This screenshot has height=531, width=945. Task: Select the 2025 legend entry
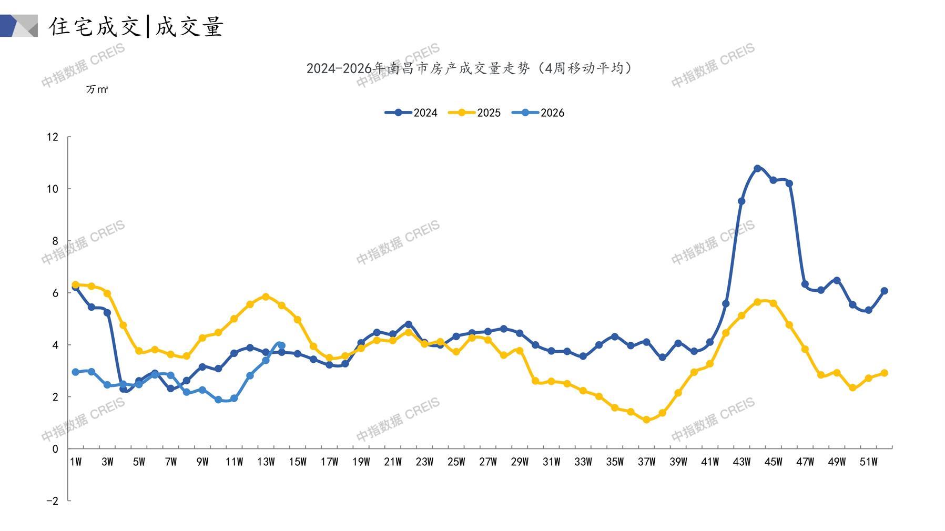point(474,113)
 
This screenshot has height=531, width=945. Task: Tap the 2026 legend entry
point(538,113)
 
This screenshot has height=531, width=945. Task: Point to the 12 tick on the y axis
point(53,137)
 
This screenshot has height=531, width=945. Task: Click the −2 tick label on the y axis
point(52,501)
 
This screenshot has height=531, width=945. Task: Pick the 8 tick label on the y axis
point(55,241)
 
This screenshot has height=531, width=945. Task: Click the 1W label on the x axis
point(76,462)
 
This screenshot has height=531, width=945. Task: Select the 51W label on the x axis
point(868,462)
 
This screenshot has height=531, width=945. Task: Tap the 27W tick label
point(488,462)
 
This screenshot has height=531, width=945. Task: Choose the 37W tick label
point(646,462)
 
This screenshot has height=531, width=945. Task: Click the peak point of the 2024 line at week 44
point(757,169)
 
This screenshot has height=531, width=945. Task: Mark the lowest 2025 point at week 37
point(646,420)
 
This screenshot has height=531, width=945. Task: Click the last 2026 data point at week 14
point(281,345)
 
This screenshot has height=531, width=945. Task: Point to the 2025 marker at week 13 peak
point(266,297)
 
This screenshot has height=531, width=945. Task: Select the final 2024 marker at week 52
point(884,291)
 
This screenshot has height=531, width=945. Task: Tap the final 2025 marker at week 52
point(884,373)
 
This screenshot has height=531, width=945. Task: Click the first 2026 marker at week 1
point(76,372)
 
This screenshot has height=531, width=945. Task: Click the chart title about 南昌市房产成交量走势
point(469,68)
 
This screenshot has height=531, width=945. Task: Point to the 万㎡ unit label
point(97,90)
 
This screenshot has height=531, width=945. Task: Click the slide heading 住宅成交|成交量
point(137,26)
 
